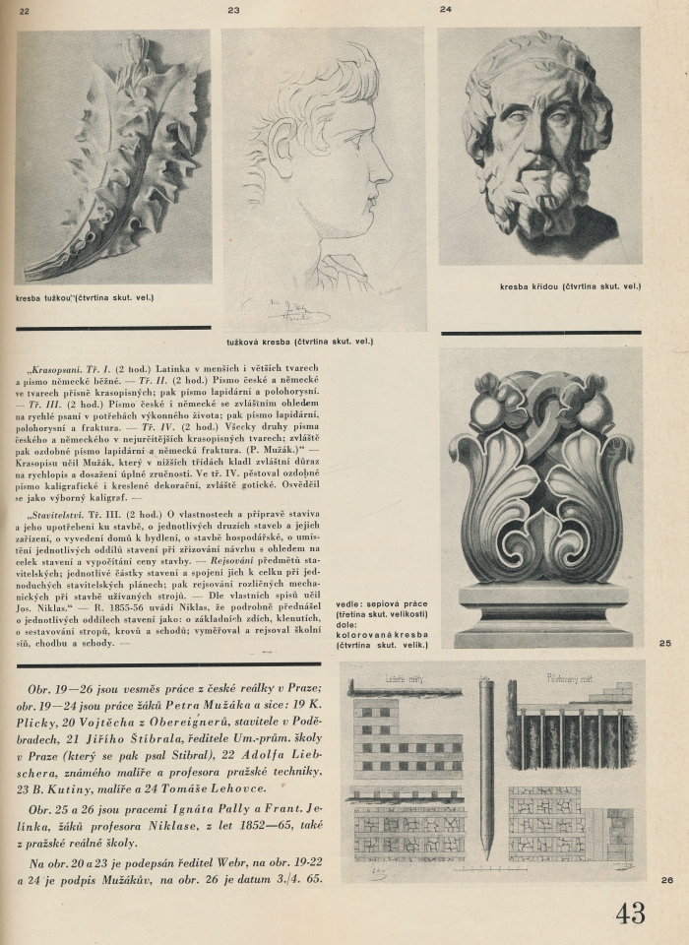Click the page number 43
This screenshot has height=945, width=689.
pyautogui.click(x=631, y=913)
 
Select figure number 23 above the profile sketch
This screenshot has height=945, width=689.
pyautogui.click(x=233, y=10)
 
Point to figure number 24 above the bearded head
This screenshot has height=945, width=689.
pyautogui.click(x=446, y=9)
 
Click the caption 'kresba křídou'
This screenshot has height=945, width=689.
pyautogui.click(x=570, y=286)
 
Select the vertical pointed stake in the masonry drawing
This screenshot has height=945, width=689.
pyautogui.click(x=485, y=758)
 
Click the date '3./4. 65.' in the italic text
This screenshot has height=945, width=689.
pyautogui.click(x=293, y=878)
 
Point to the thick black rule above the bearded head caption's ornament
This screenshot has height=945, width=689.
pyautogui.click(x=540, y=333)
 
